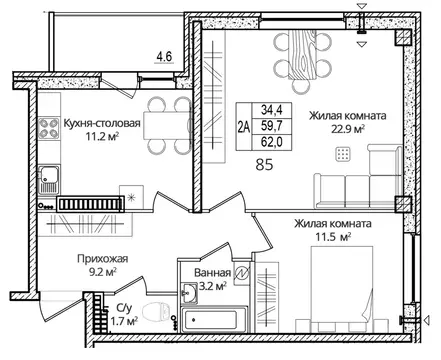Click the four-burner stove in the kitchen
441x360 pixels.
[49, 128]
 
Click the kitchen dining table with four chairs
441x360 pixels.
[155, 109]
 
